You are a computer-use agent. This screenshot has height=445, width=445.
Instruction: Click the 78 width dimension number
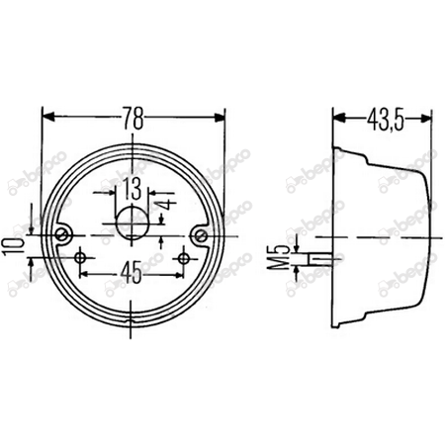(133, 120)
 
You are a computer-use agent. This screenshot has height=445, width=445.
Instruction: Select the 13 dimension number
(131, 189)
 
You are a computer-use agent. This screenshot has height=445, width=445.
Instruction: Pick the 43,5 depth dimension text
(384, 120)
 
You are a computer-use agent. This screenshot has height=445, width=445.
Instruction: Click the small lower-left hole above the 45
(81, 257)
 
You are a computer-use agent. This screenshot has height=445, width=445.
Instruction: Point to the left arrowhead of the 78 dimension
(46, 118)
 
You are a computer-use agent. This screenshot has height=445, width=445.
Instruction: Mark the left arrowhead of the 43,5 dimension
(336, 118)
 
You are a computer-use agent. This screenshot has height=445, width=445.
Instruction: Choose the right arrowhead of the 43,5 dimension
(427, 118)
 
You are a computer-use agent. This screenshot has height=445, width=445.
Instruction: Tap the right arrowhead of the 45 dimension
(179, 272)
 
